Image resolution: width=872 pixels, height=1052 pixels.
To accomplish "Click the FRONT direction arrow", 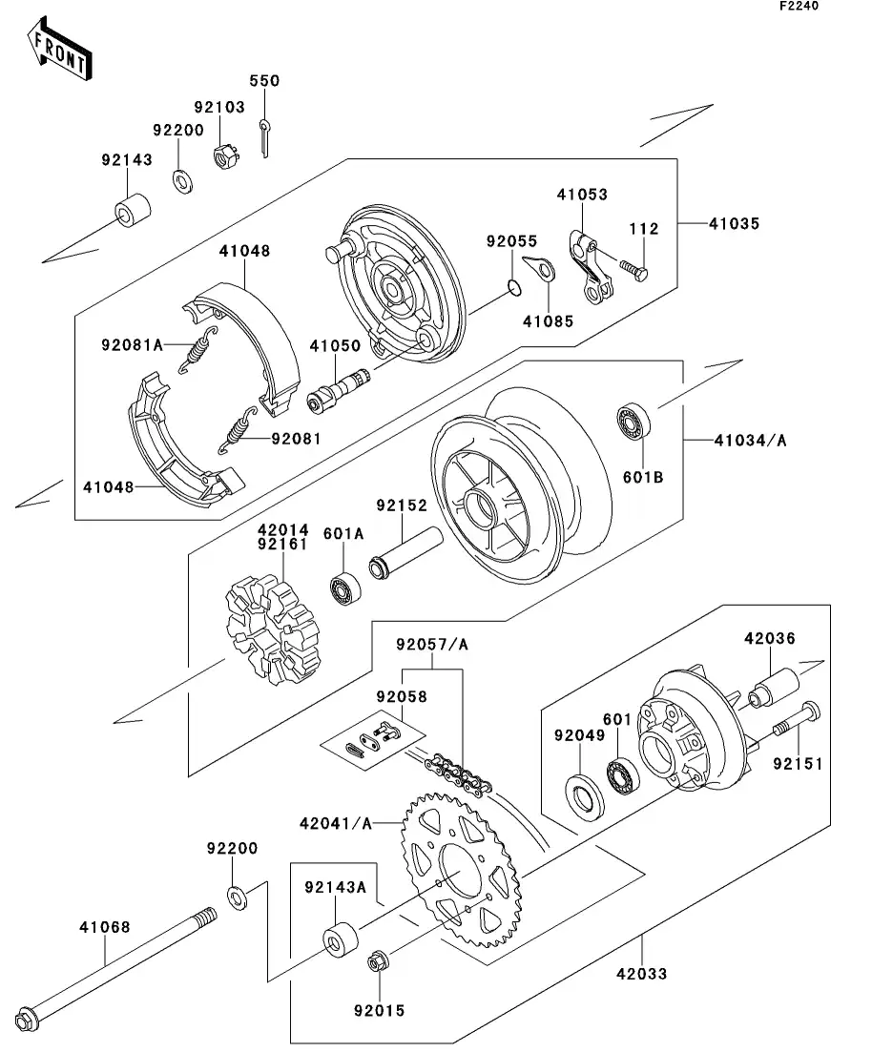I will tap(59, 50).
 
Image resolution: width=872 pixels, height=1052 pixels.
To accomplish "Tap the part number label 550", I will tap(264, 81).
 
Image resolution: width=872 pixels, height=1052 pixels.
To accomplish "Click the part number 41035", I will tap(734, 224).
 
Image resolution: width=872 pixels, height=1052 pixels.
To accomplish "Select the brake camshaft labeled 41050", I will tap(338, 389).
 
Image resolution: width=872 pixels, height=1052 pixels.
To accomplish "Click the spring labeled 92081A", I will tap(197, 350).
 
